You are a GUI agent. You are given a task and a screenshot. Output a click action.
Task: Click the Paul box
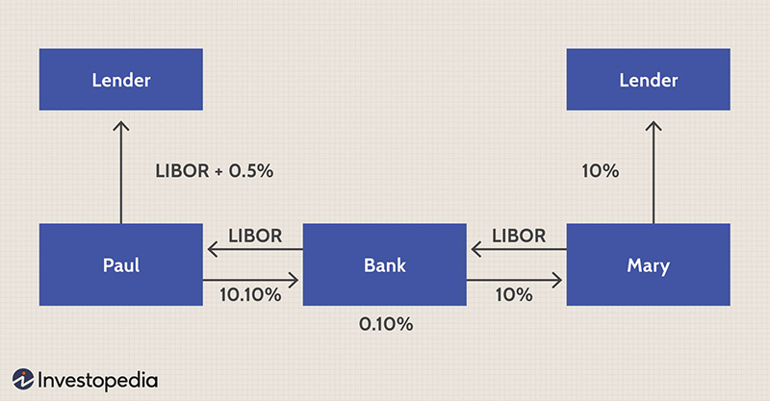click(120, 264)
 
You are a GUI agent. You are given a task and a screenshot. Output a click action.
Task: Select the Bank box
click(384, 264)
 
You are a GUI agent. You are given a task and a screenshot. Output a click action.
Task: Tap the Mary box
click(648, 264)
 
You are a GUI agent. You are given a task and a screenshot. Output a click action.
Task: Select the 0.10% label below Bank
click(385, 324)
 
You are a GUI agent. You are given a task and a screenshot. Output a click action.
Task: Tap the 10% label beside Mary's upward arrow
click(600, 171)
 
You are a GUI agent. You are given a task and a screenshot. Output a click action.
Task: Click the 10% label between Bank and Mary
click(513, 295)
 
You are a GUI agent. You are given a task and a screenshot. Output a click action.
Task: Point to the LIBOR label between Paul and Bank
click(255, 236)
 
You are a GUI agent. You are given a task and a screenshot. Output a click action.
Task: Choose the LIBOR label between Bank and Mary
click(519, 236)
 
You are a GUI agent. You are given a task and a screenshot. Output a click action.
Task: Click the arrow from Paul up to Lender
click(120, 173)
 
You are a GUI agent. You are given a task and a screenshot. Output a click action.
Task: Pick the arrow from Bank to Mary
click(516, 281)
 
